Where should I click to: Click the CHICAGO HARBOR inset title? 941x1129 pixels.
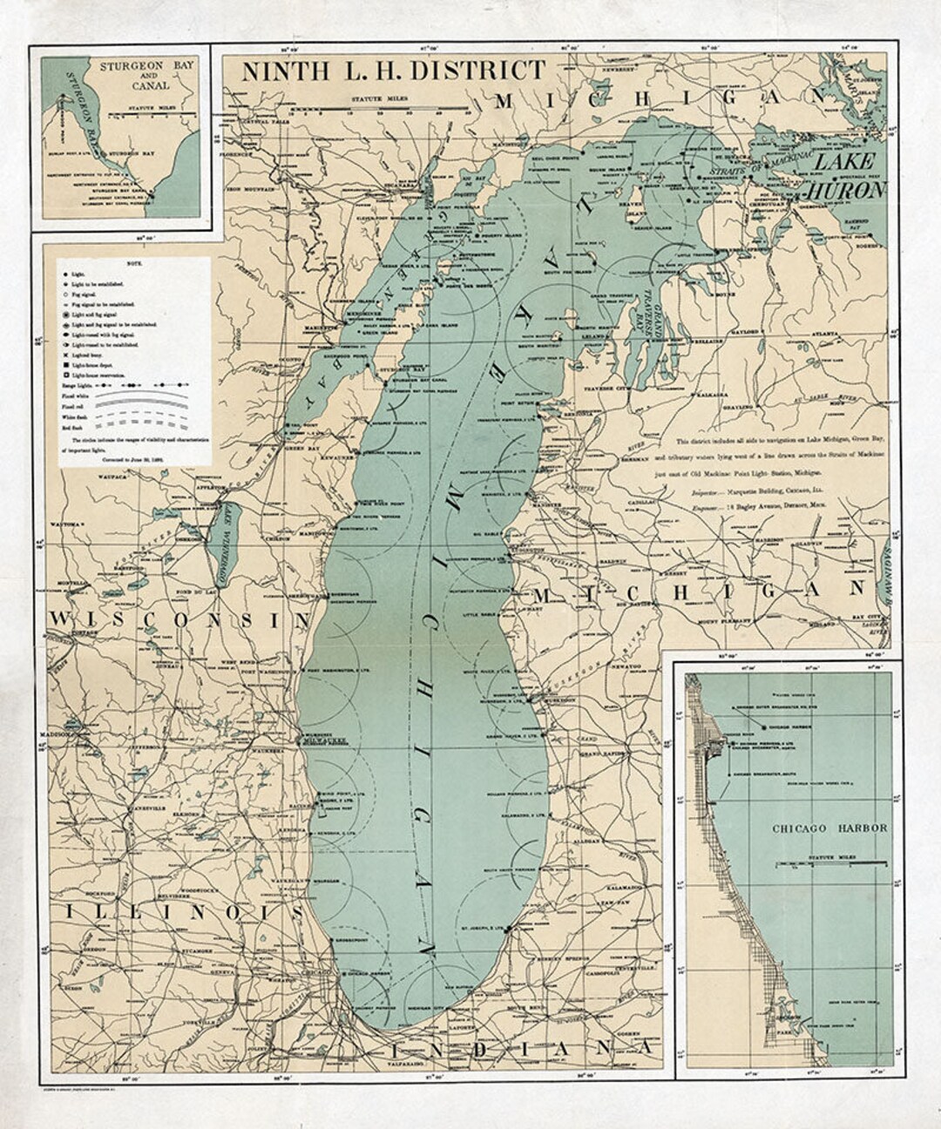(x=829, y=828)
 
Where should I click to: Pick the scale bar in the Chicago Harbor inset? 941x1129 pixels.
(x=830, y=864)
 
